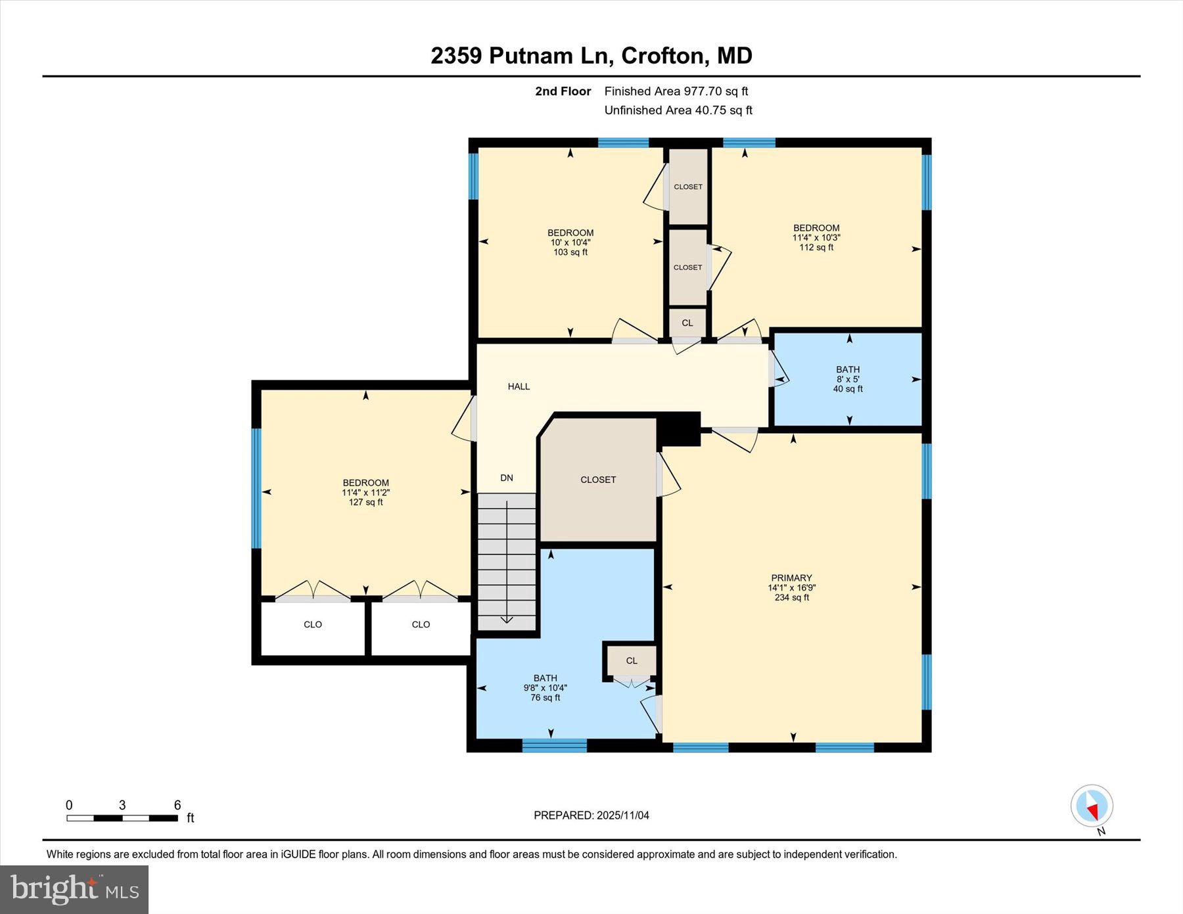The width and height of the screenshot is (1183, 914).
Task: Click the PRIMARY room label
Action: pyautogui.click(x=791, y=578)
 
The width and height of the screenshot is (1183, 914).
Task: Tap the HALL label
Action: pyautogui.click(x=519, y=386)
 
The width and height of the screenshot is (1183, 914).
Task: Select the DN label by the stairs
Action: pyautogui.click(x=506, y=478)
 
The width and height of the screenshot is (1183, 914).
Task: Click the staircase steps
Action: pyautogui.click(x=506, y=559)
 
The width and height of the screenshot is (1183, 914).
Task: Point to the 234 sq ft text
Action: pyautogui.click(x=791, y=597)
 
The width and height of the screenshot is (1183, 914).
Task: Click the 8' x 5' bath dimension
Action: pyautogui.click(x=848, y=379)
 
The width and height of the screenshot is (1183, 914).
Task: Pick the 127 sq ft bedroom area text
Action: pyautogui.click(x=365, y=502)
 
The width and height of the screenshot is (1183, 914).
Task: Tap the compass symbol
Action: pyautogui.click(x=1091, y=805)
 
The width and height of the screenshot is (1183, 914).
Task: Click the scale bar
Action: pyautogui.click(x=122, y=818)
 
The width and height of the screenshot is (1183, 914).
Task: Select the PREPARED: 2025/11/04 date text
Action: pyautogui.click(x=591, y=815)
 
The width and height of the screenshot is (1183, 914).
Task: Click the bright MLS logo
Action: pyautogui.click(x=74, y=889)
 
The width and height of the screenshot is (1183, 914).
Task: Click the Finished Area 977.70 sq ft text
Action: pyautogui.click(x=676, y=91)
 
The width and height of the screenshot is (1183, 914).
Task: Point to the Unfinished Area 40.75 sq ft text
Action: pyautogui.click(x=678, y=110)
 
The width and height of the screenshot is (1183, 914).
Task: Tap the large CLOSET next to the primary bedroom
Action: pyautogui.click(x=597, y=480)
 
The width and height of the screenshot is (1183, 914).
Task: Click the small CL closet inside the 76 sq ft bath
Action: pyautogui.click(x=631, y=660)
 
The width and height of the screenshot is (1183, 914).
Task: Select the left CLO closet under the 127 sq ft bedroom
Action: pyautogui.click(x=313, y=624)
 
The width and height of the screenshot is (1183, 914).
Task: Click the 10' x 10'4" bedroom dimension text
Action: pyautogui.click(x=570, y=242)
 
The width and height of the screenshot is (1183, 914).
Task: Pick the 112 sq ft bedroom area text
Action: pyautogui.click(x=816, y=247)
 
